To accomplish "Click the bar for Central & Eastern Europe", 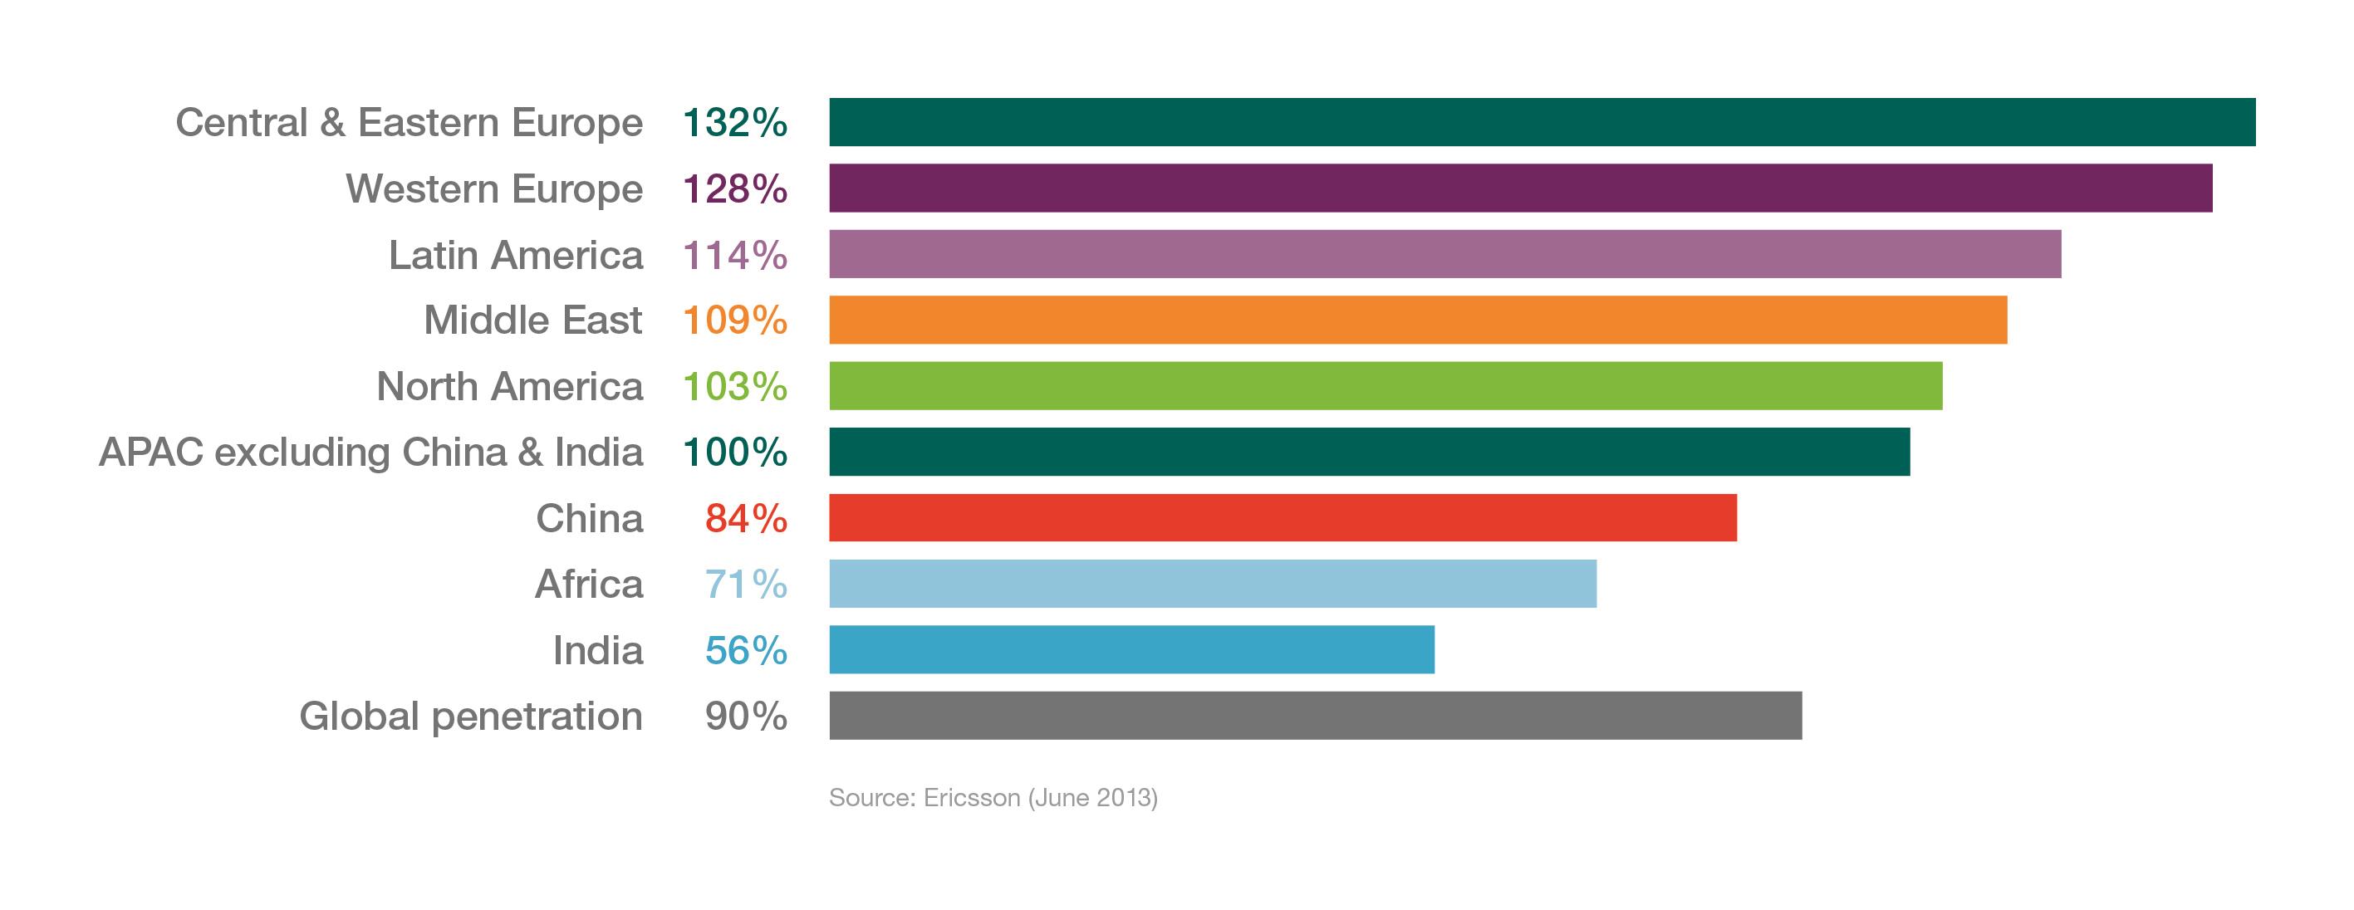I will [1542, 121].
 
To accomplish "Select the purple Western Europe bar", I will [1520, 188].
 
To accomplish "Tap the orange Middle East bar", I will [1417, 320].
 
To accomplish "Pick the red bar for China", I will [1282, 518].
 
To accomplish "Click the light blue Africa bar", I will [1213, 584].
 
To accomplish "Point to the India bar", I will [1131, 649].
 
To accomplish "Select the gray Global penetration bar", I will [1315, 716].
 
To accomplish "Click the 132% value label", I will [735, 122].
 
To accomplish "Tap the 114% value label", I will [735, 255].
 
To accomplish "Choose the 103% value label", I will [735, 386].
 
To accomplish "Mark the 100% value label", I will [735, 453].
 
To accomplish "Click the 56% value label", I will [746, 650].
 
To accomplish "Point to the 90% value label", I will [746, 717].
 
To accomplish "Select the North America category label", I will [509, 386].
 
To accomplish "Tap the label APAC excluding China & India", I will [370, 453].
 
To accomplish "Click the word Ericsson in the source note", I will [971, 798].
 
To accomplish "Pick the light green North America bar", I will [1385, 385].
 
